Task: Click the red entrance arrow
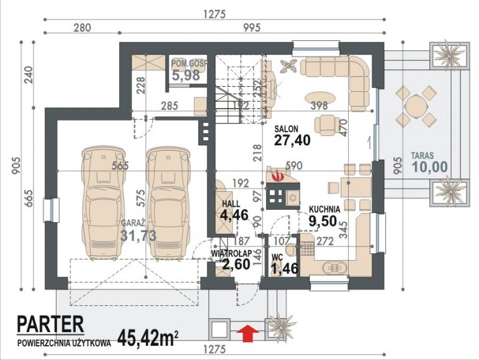tap(248, 333)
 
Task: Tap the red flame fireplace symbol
tap(279, 176)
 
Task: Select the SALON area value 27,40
tap(292, 140)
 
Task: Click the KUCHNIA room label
tap(325, 209)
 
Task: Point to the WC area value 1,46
tap(284, 268)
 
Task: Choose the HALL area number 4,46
tap(234, 215)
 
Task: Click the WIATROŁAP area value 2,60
tap(236, 264)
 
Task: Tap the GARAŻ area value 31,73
tap(139, 235)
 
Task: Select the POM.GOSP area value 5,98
tap(186, 75)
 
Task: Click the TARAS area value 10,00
tap(430, 167)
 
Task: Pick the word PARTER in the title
tap(50, 324)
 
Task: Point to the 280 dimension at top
tap(82, 28)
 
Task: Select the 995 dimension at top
tap(252, 28)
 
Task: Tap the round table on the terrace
tap(416, 106)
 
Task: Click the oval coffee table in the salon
tap(320, 99)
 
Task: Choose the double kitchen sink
tap(334, 268)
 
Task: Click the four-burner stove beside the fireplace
tap(276, 197)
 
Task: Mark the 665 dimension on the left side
tap(28, 199)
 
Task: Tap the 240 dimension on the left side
tap(28, 75)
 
